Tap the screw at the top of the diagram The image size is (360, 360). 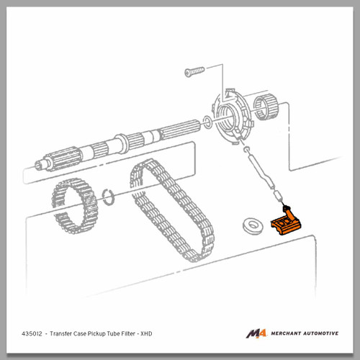tap(194, 71)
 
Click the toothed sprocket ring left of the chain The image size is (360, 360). tap(75, 206)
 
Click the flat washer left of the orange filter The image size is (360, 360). tap(253, 226)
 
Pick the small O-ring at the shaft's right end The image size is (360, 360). tap(207, 122)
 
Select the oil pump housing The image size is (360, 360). tap(232, 117)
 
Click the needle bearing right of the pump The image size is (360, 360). tap(266, 107)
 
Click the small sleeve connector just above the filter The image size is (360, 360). tap(277, 195)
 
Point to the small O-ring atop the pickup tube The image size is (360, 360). tap(246, 150)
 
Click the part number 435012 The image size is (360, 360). tap(32, 333)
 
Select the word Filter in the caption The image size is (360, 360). tap(128, 333)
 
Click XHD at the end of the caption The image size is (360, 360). tap(146, 333)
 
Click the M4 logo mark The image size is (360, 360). tap(256, 333)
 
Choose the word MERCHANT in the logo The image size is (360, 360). tap(286, 333)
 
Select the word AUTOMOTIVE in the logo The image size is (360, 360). tap(321, 333)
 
